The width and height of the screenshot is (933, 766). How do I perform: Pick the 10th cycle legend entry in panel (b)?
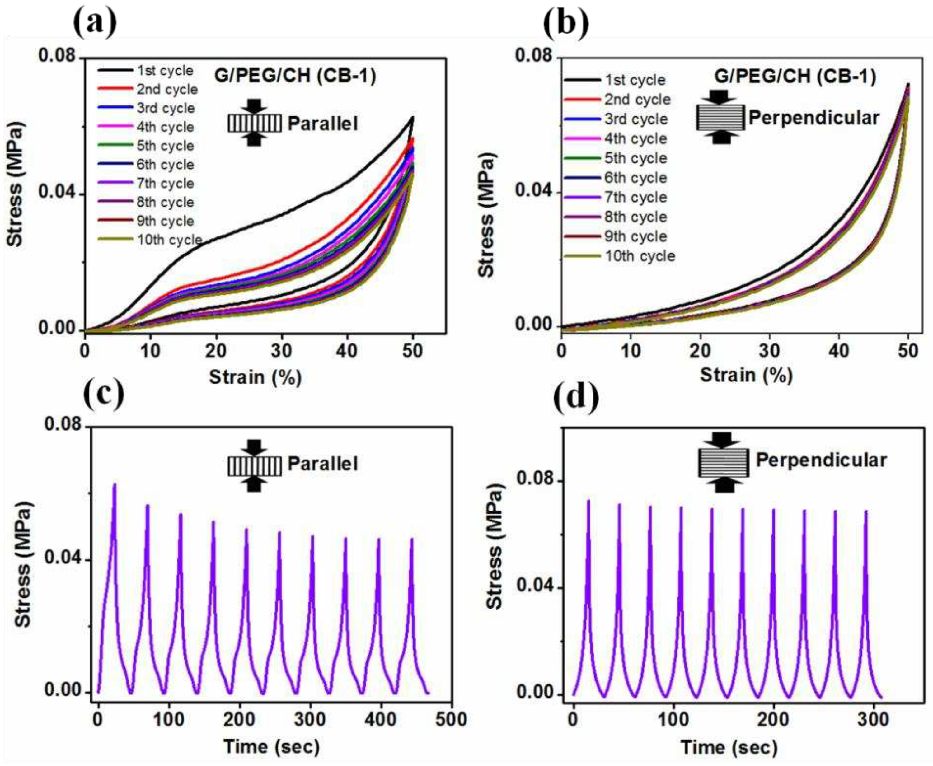pos(640,256)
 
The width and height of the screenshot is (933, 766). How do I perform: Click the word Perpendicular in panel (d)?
pos(821,460)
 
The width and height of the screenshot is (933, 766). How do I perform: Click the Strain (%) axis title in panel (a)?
pos(255,377)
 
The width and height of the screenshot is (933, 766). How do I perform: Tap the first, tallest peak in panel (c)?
pos(114,484)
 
